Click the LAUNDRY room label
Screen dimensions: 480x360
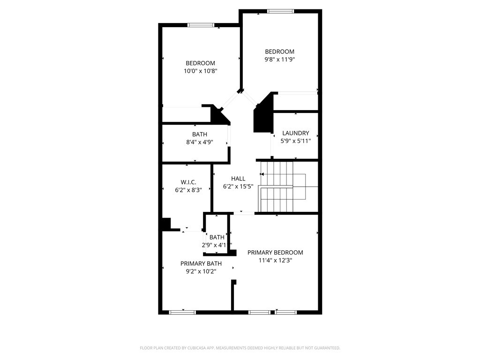point(295,133)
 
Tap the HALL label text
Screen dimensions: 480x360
point(238,179)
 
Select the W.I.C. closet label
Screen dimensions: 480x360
point(188,182)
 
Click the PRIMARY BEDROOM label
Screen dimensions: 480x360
point(275,253)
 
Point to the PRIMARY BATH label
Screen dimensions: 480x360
point(201,263)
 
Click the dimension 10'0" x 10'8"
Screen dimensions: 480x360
point(201,71)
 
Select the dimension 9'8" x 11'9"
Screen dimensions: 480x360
point(279,60)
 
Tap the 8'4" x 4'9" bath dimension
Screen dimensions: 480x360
point(200,142)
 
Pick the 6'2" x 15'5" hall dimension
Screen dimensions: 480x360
point(238,187)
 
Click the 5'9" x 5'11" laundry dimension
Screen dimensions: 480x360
point(296,141)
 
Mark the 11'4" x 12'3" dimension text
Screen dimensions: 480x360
point(275,261)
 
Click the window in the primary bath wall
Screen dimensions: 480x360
point(182,312)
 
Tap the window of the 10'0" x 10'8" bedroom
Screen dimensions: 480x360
point(201,25)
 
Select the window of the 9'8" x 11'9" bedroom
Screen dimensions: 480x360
point(280,11)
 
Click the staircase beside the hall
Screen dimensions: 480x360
point(288,187)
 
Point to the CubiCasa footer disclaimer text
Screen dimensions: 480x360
point(240,348)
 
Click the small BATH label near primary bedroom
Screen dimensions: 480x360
point(217,237)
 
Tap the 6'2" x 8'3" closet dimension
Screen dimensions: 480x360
point(188,190)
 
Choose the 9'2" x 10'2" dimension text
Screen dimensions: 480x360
point(201,271)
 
